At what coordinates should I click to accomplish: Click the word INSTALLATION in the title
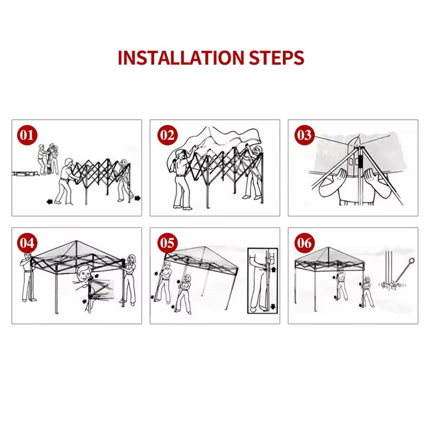181,58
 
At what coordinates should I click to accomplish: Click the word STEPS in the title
276,58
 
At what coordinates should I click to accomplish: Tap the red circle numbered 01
27,135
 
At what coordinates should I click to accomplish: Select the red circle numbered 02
167,135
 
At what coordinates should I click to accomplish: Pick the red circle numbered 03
305,135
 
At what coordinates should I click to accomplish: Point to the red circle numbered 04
27,242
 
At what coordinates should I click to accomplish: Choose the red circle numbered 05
167,242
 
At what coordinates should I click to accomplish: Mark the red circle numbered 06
305,242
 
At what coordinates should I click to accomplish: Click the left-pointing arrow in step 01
50,201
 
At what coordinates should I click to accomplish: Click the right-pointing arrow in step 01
138,198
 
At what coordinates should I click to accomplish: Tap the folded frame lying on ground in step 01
25,173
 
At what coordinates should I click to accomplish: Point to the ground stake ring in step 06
411,260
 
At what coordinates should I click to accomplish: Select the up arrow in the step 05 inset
273,269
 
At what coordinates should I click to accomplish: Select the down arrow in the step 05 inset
273,306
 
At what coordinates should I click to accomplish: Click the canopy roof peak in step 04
76,241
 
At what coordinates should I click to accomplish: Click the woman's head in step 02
257,151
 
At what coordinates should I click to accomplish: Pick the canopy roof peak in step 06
328,248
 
